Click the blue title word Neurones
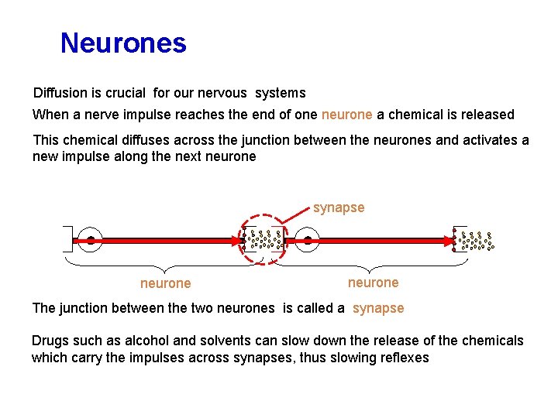click(x=123, y=43)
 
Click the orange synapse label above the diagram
click(x=339, y=207)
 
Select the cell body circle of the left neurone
click(x=91, y=240)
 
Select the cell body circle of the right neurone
click(x=308, y=240)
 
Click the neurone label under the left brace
click(x=165, y=283)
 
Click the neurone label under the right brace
click(x=373, y=283)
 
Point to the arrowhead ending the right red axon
click(x=453, y=241)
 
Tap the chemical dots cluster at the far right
click(x=475, y=241)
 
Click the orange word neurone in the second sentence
click(x=346, y=115)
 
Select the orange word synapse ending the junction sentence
click(x=378, y=308)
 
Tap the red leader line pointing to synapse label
click(x=297, y=219)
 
